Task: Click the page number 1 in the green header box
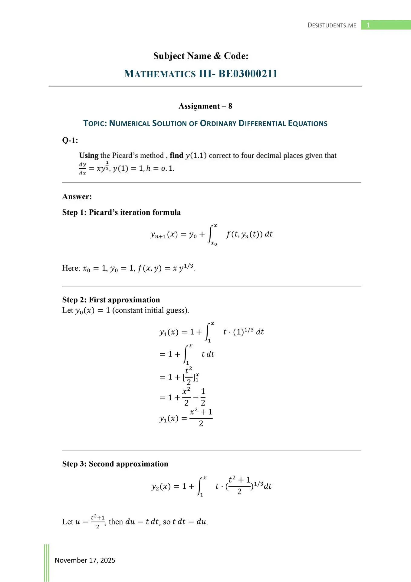(x=368, y=25)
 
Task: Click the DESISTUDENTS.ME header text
(x=332, y=25)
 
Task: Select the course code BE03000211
(x=248, y=74)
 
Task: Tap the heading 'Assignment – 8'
(x=205, y=106)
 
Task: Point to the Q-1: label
(x=70, y=140)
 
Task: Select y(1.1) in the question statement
(x=196, y=156)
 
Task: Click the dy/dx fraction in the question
(x=83, y=168)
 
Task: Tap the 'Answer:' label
(x=77, y=197)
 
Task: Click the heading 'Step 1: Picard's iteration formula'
(x=121, y=212)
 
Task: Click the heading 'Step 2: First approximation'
(x=111, y=300)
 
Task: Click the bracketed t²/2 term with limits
(x=190, y=377)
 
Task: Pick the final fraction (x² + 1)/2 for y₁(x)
(x=201, y=418)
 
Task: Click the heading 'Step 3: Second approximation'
(x=115, y=464)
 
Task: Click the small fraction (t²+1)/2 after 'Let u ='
(x=98, y=522)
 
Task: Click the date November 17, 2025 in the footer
(x=85, y=560)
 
